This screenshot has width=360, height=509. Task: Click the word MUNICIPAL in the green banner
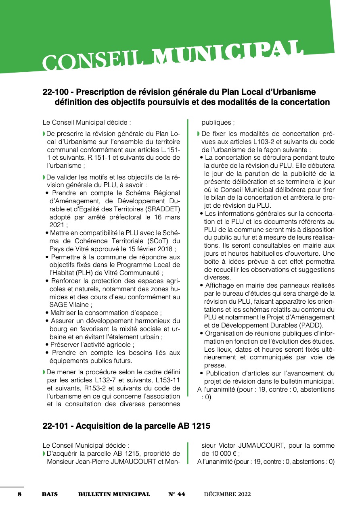point(229,52)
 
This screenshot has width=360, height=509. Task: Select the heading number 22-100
point(56,92)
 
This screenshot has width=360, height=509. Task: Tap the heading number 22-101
point(56,426)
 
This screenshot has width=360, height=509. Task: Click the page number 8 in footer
point(19,494)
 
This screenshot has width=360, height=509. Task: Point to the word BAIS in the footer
point(50,494)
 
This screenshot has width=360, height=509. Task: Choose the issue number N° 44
point(177,494)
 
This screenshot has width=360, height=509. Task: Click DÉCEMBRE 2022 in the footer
point(227,494)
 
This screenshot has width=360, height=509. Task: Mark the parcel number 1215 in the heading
point(199,426)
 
